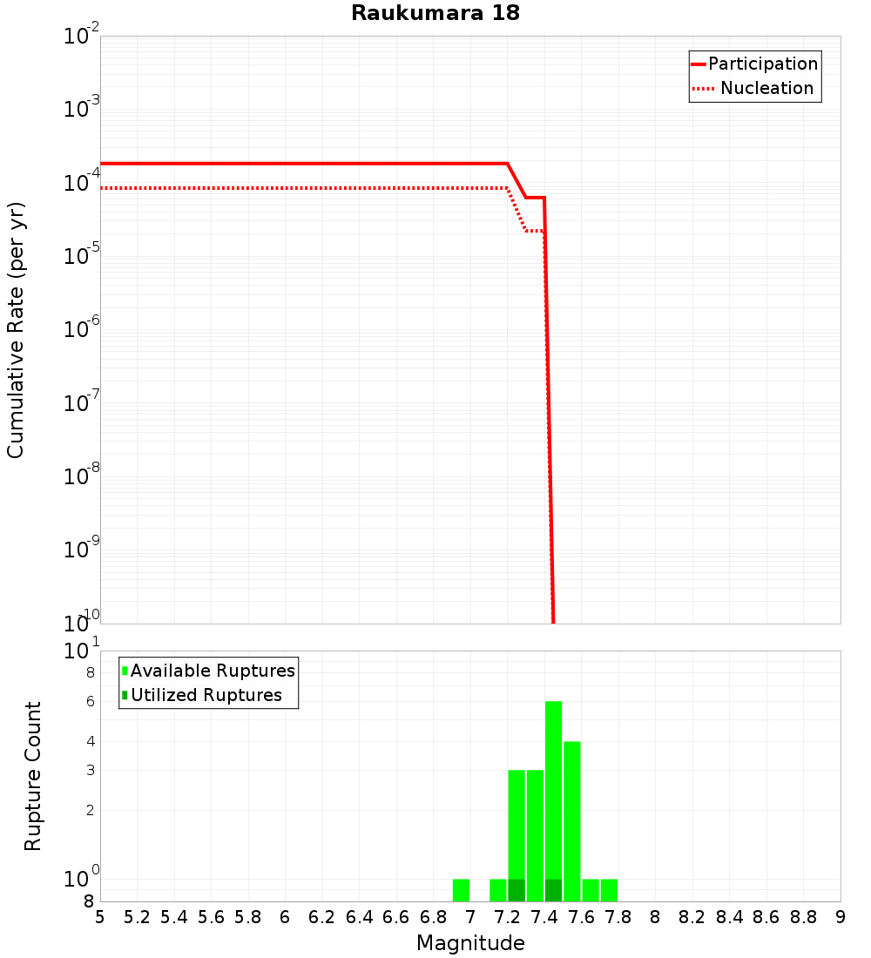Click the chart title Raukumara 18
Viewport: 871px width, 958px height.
[x=435, y=14]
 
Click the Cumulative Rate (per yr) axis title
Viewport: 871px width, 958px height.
[x=16, y=330]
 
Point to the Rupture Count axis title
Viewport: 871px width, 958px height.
[x=33, y=776]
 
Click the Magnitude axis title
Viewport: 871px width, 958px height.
[x=470, y=943]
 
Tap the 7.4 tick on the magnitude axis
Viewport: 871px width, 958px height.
[x=544, y=917]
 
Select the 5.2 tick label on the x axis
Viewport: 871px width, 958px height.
[x=138, y=917]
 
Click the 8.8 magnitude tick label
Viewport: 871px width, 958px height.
[x=803, y=917]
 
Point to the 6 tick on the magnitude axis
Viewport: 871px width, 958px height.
[x=285, y=917]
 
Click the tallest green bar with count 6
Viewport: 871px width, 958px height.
[x=553, y=784]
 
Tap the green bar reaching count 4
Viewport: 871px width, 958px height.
[x=571, y=819]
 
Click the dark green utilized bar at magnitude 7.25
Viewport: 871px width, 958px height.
[x=517, y=890]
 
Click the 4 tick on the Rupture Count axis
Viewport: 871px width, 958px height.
[x=90, y=741]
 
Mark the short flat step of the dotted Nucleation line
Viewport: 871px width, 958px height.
[x=535, y=231]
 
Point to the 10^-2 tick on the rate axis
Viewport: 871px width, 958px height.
[x=82, y=37]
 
